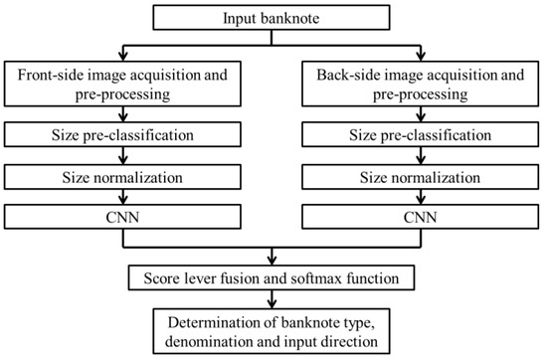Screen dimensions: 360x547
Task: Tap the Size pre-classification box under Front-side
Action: (x=122, y=133)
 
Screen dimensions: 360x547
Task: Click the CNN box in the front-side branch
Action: (x=122, y=216)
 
